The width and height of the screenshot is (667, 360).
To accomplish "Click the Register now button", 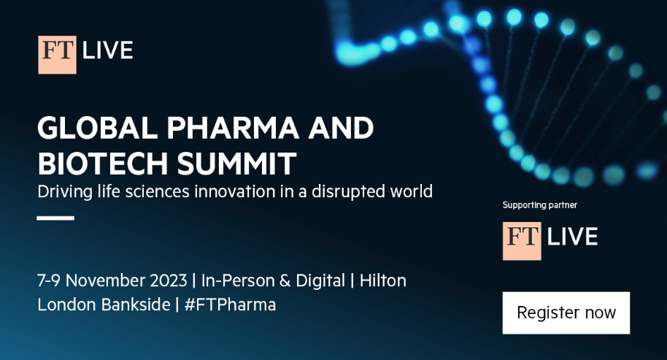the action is pyautogui.click(x=566, y=313).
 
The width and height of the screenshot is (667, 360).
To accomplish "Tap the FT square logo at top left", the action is pyautogui.click(x=58, y=55).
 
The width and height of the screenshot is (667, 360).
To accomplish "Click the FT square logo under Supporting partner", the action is pyautogui.click(x=522, y=241).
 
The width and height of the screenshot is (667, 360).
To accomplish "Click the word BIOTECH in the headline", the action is pyautogui.click(x=103, y=164).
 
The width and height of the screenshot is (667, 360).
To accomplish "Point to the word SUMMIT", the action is pyautogui.click(x=236, y=164).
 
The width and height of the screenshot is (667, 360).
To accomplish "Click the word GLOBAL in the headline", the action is pyautogui.click(x=97, y=128).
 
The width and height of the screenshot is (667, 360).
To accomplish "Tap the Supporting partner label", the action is pyautogui.click(x=540, y=205).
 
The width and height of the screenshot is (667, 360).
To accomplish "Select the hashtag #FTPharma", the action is pyautogui.click(x=230, y=305).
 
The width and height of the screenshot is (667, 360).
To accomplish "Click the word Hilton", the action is pyautogui.click(x=383, y=281).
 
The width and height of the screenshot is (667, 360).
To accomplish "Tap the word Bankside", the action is pyautogui.click(x=136, y=305).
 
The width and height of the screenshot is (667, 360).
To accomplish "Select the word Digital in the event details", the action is pyautogui.click(x=320, y=281).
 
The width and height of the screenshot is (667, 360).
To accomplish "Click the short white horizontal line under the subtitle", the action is pyautogui.click(x=55, y=218).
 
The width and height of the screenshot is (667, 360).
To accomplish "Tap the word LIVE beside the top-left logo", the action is pyautogui.click(x=107, y=50).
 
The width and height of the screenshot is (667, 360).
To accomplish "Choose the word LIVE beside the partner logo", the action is pyautogui.click(x=573, y=237).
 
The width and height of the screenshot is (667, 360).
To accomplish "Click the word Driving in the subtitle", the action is pyautogui.click(x=65, y=191).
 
